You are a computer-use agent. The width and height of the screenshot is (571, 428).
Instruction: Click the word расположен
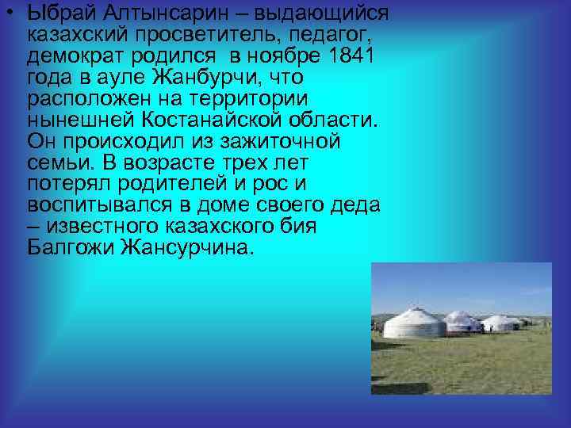86,100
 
